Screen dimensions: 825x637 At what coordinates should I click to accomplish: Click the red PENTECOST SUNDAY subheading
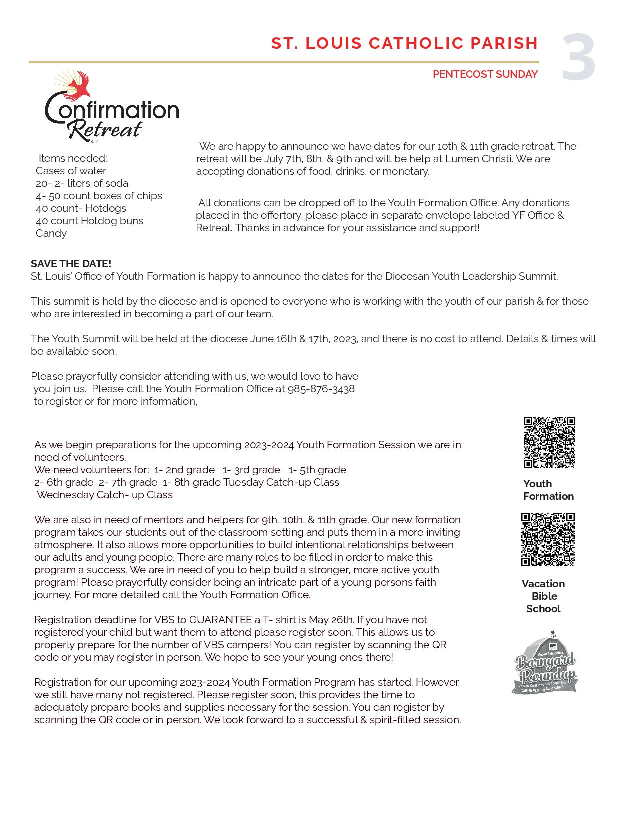coord(485,74)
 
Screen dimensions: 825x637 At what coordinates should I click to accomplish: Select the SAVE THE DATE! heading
coord(71,264)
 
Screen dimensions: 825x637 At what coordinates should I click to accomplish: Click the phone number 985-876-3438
coord(321,389)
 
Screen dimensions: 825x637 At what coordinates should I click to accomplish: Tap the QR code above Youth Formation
coord(549,443)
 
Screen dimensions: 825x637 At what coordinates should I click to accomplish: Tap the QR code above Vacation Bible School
coord(548,539)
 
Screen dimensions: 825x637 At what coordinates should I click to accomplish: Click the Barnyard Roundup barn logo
coord(544,663)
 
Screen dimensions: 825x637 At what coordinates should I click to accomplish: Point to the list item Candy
coord(51,233)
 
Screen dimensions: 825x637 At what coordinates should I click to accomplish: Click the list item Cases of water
coord(71,171)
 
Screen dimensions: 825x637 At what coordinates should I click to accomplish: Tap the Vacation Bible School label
coord(543,596)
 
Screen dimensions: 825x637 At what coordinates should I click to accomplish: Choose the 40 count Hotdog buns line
coord(89,221)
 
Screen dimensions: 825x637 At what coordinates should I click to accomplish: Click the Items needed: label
coord(73,158)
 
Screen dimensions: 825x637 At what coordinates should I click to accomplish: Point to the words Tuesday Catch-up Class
coord(281,482)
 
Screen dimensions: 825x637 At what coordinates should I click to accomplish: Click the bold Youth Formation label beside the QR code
coord(548,490)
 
